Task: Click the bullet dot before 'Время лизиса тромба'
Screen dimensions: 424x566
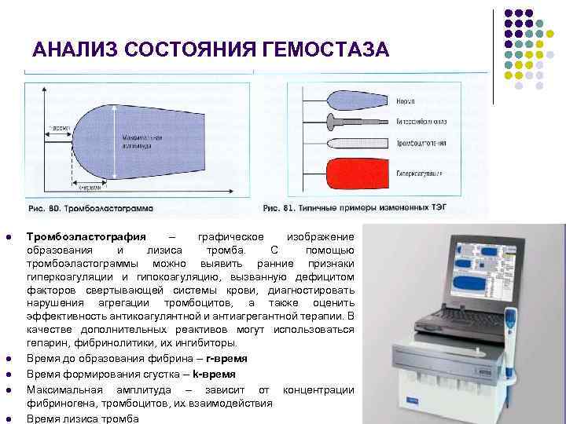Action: pos(8,419)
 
